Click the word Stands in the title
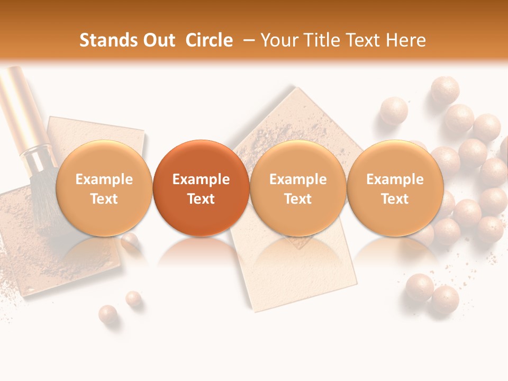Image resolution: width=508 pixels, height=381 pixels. (x=105, y=41)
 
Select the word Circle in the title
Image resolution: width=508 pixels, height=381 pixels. (x=209, y=41)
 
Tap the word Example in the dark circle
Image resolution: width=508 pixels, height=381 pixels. (x=201, y=179)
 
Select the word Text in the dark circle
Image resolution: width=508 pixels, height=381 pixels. (x=201, y=199)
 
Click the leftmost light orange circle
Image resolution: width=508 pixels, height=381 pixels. (x=104, y=188)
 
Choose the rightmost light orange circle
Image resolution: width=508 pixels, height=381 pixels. (x=395, y=188)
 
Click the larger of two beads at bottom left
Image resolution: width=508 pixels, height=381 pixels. (x=108, y=314)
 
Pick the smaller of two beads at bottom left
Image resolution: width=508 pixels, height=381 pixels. (x=133, y=299)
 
